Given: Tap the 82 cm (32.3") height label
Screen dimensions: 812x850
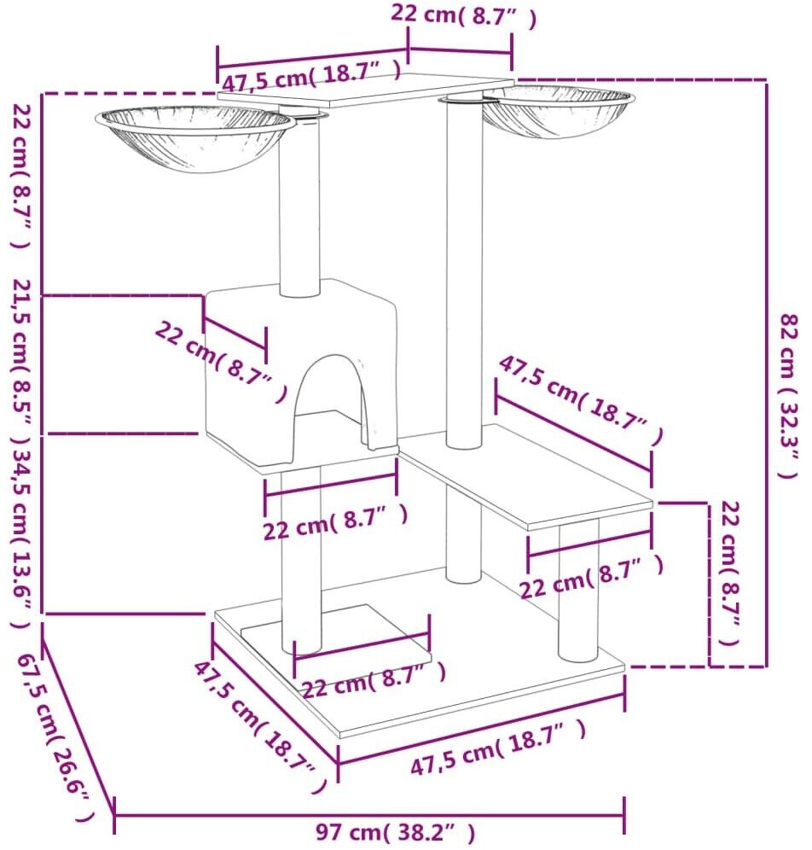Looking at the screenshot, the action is tap(789, 396).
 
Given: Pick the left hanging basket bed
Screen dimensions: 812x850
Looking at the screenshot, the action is tap(195, 138).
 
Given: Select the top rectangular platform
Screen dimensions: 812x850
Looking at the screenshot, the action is tap(365, 90).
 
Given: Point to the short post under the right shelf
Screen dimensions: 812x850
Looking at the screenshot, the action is tap(578, 591).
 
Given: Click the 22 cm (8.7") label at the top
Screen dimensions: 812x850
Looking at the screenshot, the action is tap(463, 15).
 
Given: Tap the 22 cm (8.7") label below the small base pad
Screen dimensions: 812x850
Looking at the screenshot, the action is tap(374, 680).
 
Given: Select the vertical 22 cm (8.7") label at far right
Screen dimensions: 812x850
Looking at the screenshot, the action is tap(729, 573).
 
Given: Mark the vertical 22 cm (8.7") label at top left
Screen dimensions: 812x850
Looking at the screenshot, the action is tap(22, 176).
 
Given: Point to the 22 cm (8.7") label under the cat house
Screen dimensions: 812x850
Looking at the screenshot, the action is tap(336, 521).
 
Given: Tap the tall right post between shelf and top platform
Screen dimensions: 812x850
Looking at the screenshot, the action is tap(464, 274).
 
